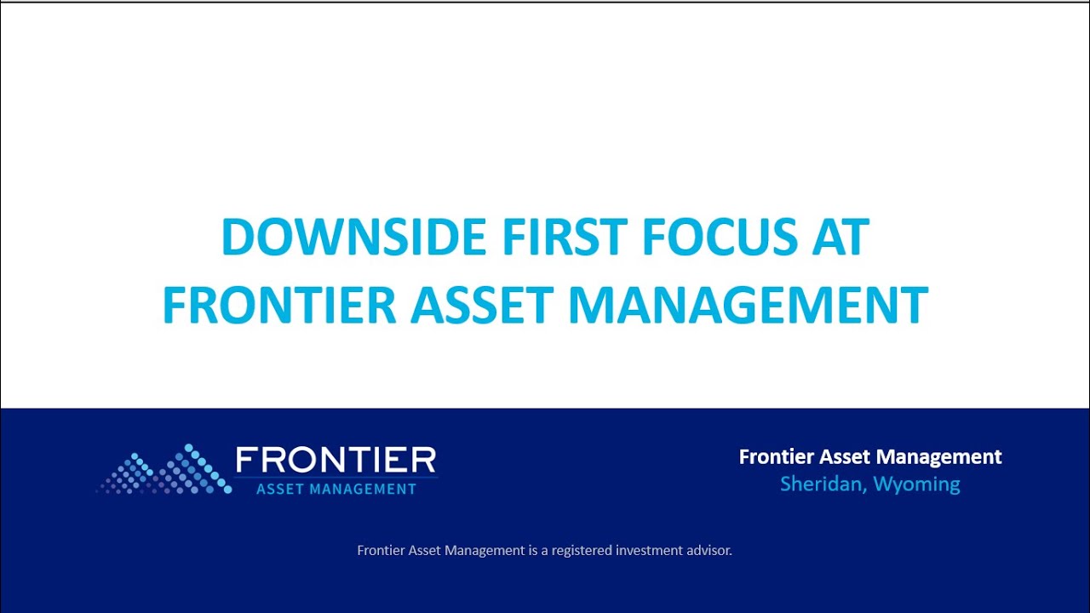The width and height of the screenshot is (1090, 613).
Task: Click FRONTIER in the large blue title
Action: pos(279,306)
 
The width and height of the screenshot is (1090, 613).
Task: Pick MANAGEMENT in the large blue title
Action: pos(748,306)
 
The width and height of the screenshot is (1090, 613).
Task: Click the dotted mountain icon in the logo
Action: pos(163,469)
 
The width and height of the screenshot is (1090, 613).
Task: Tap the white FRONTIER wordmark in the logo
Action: pos(336,461)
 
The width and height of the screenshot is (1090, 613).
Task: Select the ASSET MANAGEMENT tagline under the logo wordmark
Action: pos(336,489)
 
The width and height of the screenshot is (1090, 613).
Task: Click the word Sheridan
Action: pos(818,484)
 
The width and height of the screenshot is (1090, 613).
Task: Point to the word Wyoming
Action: pos(917,485)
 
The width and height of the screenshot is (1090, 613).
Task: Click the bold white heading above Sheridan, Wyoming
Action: pos(870,457)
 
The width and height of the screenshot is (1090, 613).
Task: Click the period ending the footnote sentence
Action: pos(731,554)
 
